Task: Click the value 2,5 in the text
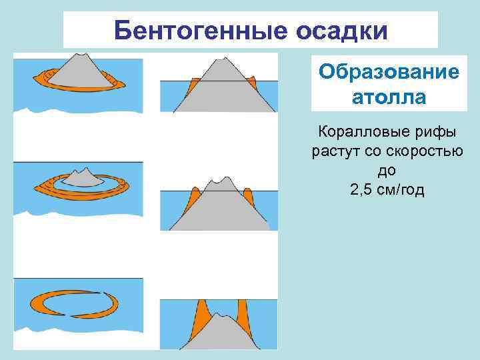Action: click(362, 190)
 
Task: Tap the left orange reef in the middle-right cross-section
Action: click(195, 197)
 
